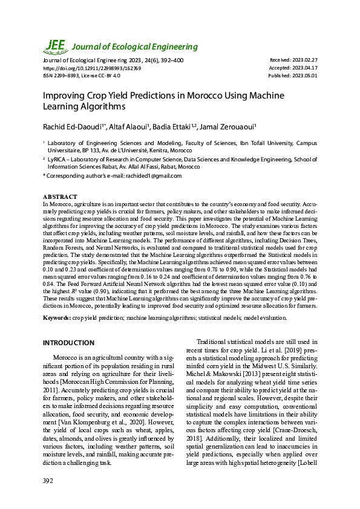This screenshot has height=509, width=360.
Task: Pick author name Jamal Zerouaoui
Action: point(229,126)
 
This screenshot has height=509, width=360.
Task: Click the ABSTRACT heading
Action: point(60,197)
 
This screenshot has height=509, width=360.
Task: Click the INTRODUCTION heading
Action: point(68,343)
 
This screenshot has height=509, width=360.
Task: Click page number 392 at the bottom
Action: point(48,481)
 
